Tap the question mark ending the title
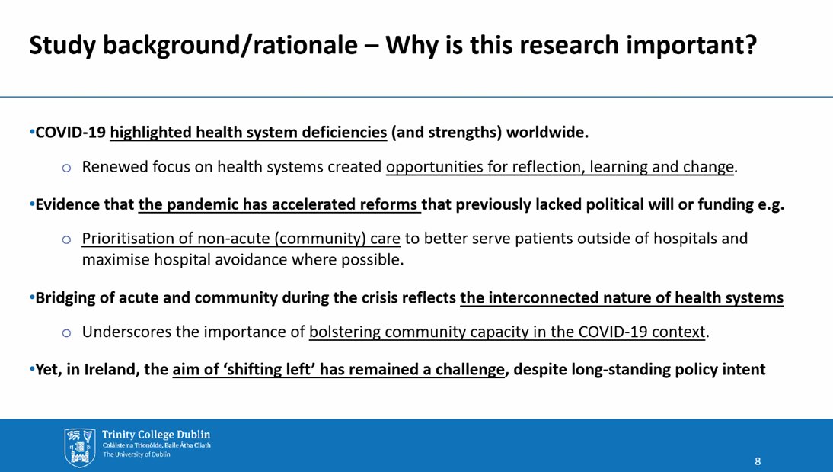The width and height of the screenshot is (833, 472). click(x=750, y=47)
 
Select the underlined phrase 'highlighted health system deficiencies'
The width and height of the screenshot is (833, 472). click(x=248, y=133)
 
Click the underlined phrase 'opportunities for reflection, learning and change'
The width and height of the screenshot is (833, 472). click(x=560, y=168)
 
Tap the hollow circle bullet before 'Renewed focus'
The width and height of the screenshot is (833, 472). click(x=67, y=169)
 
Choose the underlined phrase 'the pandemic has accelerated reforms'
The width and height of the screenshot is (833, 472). click(x=279, y=204)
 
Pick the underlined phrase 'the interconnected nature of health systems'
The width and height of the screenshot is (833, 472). click(x=621, y=298)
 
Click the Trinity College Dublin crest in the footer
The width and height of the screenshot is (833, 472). click(x=80, y=445)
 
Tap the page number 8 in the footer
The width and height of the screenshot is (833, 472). click(x=758, y=461)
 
